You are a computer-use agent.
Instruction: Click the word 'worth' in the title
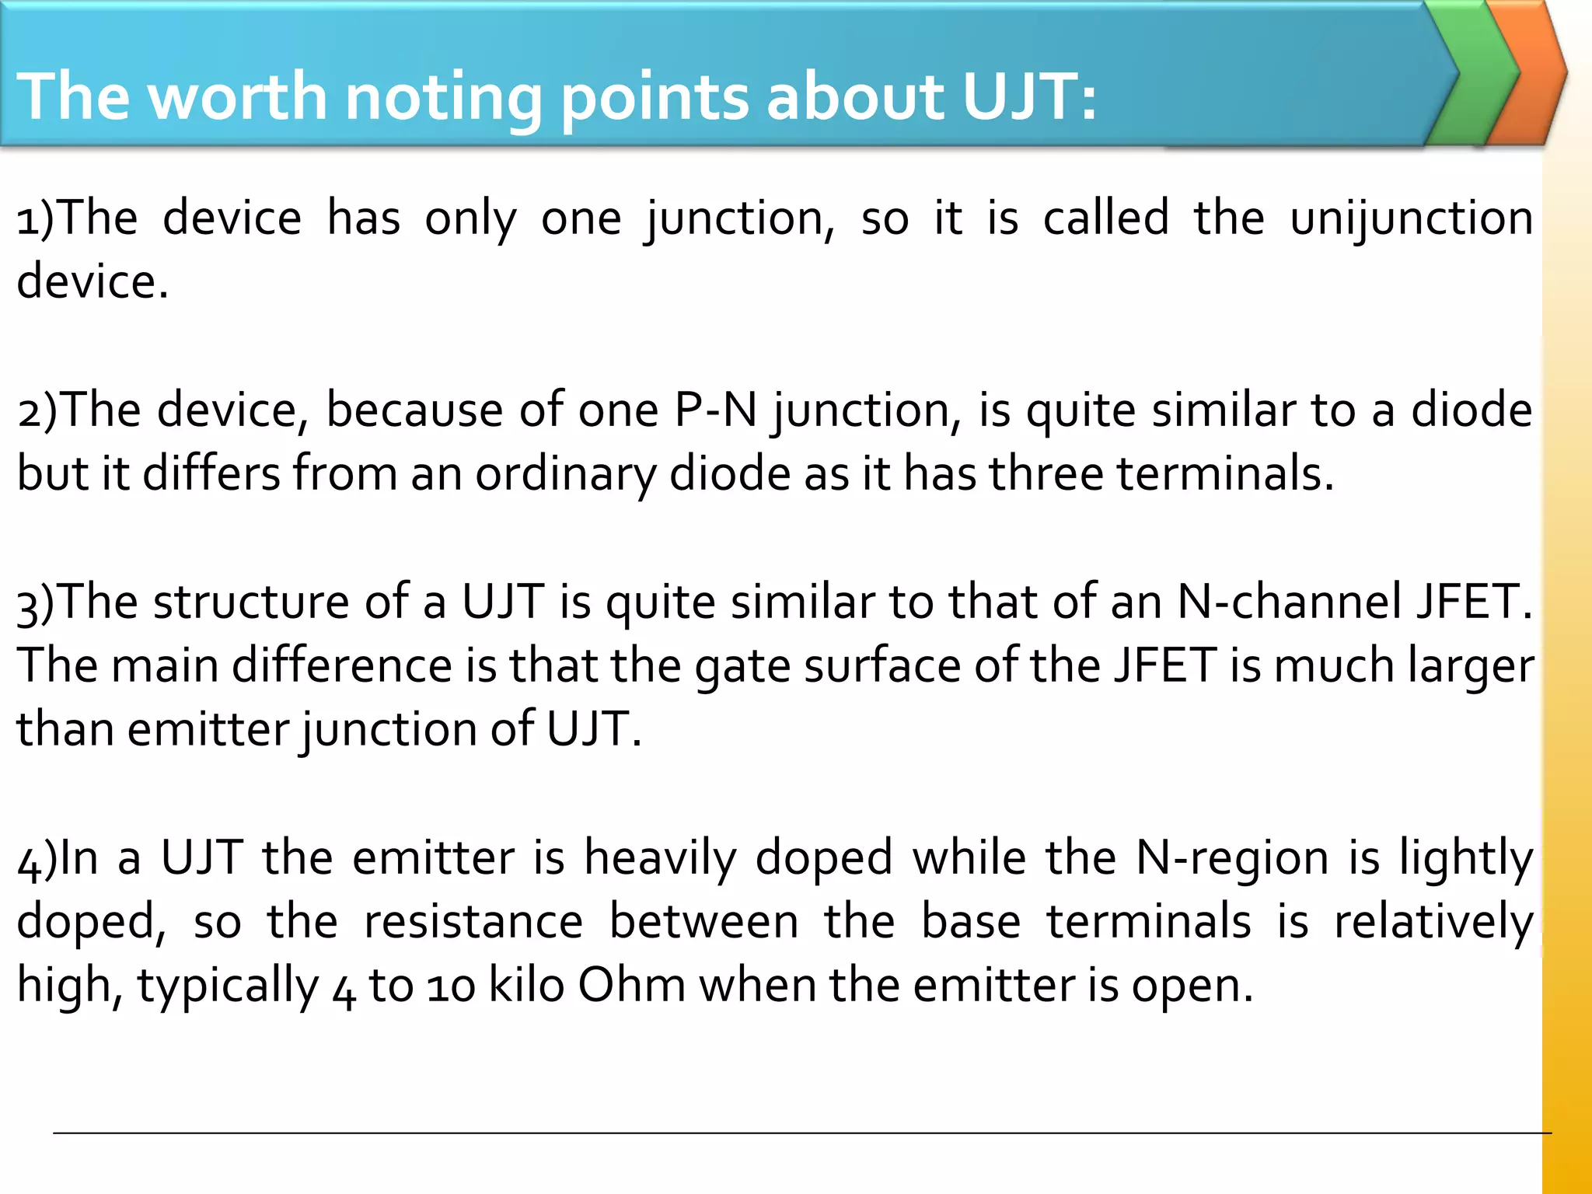tap(238, 96)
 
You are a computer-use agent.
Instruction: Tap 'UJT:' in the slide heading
tap(1028, 96)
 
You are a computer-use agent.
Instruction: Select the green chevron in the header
tap(1473, 74)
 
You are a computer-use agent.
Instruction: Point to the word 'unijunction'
tap(1411, 218)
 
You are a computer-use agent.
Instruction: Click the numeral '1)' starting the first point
tap(36, 218)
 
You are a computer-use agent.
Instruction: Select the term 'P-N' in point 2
tap(715, 410)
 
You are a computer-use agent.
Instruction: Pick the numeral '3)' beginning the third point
tap(36, 602)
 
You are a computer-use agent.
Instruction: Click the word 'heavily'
tap(660, 858)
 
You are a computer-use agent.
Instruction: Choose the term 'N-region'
tap(1232, 858)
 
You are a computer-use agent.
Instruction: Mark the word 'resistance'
tap(473, 922)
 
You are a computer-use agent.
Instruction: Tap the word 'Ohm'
tap(631, 986)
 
